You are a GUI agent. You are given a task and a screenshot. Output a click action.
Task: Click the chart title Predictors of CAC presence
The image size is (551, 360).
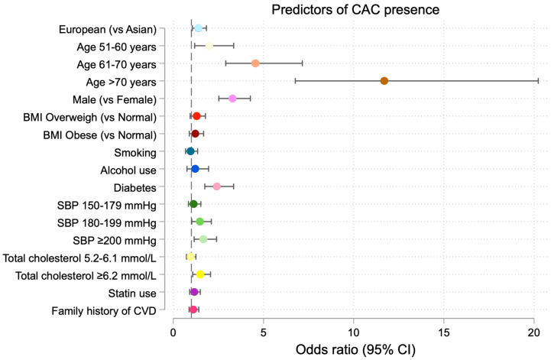coord(355,9)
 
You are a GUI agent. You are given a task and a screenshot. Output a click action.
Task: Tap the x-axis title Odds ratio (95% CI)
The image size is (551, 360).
coord(355,349)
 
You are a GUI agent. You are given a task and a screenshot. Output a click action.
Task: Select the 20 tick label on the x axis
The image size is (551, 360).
coord(534,332)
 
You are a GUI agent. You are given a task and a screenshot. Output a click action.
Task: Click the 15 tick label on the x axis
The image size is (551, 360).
coord(444,332)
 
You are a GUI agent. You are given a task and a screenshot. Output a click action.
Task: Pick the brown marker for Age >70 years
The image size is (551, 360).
coord(384,81)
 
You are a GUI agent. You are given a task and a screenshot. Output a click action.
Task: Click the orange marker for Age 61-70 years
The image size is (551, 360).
coord(255,63)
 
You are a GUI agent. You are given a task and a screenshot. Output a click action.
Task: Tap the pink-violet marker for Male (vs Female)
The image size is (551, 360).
coord(232,99)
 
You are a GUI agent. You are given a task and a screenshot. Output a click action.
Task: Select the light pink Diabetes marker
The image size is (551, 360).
coord(217,186)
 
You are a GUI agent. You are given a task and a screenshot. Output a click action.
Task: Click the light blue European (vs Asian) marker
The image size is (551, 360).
coord(199,28)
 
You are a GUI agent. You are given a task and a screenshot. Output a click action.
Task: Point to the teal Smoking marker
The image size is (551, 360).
coord(190,151)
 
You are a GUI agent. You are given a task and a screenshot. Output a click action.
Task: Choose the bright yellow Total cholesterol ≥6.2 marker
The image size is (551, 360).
coord(200,274)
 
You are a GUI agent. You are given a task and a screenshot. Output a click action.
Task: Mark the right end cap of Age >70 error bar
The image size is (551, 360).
coord(538,81)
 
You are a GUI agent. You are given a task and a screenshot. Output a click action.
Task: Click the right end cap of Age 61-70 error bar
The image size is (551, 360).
coord(302,63)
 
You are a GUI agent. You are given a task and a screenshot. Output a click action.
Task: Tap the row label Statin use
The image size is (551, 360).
coord(132,293)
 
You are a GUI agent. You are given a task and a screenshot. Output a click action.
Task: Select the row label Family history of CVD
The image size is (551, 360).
coord(104,311)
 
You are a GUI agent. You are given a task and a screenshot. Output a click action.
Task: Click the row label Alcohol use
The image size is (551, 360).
coord(128,170)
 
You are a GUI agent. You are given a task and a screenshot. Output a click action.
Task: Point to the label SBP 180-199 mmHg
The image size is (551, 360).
coord(107,222)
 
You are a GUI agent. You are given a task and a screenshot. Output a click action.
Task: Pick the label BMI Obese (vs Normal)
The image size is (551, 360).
coord(100,135)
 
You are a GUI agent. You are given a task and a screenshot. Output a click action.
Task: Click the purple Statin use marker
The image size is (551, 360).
coord(194,292)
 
